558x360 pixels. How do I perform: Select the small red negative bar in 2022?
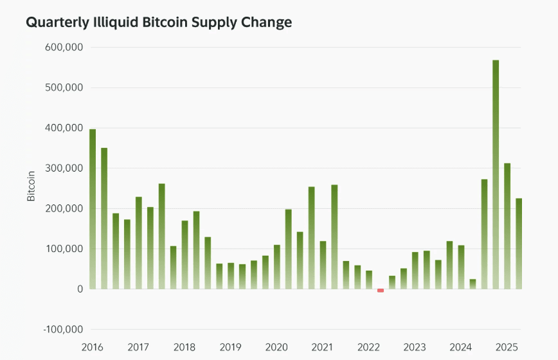click(x=381, y=291)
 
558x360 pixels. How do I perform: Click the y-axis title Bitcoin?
click(x=31, y=186)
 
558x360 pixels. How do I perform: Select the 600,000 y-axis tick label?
click(x=64, y=48)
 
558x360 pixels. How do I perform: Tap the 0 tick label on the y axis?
click(x=80, y=289)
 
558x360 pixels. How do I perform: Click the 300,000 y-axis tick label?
click(x=64, y=168)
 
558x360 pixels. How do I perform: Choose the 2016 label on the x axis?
click(x=93, y=348)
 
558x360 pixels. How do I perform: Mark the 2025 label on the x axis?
click(x=507, y=348)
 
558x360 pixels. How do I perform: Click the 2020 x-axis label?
click(x=276, y=348)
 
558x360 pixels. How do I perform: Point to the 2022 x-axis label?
click(x=368, y=348)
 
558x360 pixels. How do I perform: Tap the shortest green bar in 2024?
click(x=473, y=284)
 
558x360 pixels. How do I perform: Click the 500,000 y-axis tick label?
click(x=64, y=88)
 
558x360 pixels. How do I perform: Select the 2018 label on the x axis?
click(x=184, y=348)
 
